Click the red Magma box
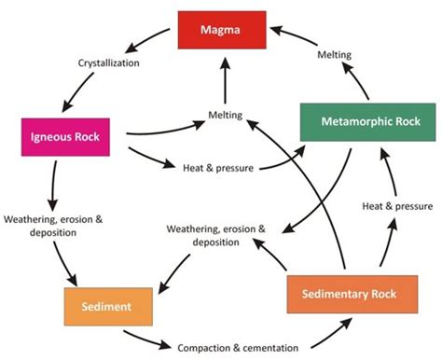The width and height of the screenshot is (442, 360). [222, 32]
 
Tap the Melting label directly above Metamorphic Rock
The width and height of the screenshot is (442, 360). [334, 55]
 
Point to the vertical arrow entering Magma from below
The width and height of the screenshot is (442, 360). [222, 82]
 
